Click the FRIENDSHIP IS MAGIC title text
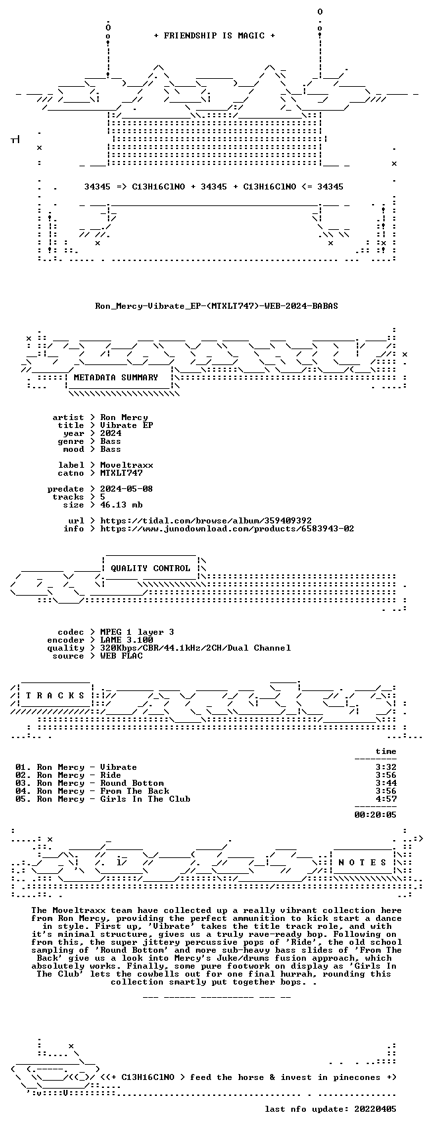point(214,36)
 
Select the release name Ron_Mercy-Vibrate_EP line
point(216,306)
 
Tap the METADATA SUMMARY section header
point(116,378)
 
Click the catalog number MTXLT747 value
point(121,473)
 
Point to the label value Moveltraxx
point(126,464)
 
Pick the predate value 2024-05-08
point(126,489)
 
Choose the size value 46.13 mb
point(121,504)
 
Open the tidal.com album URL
point(206,521)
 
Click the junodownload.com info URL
point(227,529)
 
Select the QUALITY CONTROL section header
point(150,568)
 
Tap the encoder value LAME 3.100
point(126,640)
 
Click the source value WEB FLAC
point(121,656)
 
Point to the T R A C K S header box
point(55,696)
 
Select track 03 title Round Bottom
point(132,783)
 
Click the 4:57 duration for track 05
point(386,799)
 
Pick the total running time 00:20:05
point(375,814)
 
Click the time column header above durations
point(386,751)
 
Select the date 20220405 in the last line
point(375,1109)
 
